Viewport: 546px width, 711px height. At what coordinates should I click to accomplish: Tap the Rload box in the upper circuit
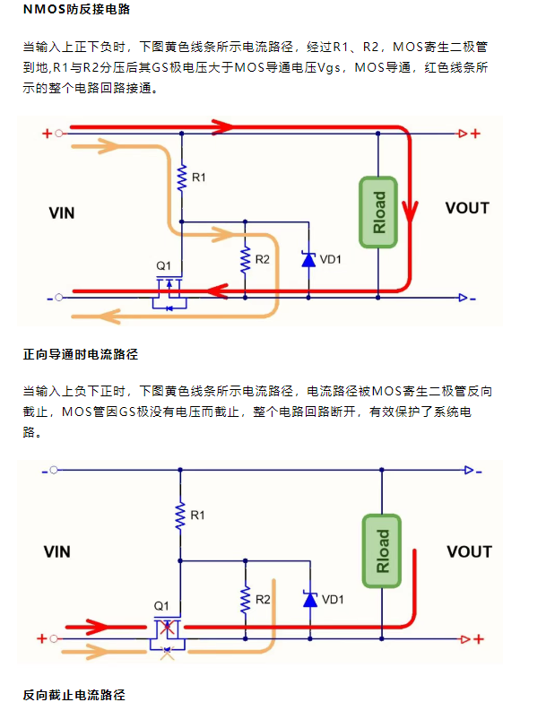pyautogui.click(x=378, y=212)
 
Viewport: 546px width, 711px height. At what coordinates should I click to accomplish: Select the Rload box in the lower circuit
pyautogui.click(x=382, y=551)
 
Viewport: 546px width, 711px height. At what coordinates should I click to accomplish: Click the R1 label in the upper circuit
pyautogui.click(x=199, y=178)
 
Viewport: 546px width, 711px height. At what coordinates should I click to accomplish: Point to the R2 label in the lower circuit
pyautogui.click(x=263, y=598)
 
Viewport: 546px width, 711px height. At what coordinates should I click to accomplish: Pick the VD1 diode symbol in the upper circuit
pyautogui.click(x=308, y=260)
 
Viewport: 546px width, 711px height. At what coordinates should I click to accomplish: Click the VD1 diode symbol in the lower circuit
pyautogui.click(x=309, y=599)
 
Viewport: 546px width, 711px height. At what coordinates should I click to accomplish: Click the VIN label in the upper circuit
pyautogui.click(x=61, y=213)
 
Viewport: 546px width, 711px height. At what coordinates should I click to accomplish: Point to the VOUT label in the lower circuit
pyautogui.click(x=468, y=551)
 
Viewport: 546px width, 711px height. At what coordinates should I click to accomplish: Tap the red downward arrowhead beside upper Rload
pyautogui.click(x=410, y=212)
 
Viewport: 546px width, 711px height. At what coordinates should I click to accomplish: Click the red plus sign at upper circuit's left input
pyautogui.click(x=47, y=134)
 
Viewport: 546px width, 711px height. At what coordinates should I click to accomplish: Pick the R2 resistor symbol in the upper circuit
pyautogui.click(x=243, y=259)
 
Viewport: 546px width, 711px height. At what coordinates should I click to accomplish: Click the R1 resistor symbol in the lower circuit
pyautogui.click(x=181, y=515)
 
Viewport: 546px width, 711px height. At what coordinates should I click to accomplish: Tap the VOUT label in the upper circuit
pyautogui.click(x=467, y=208)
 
